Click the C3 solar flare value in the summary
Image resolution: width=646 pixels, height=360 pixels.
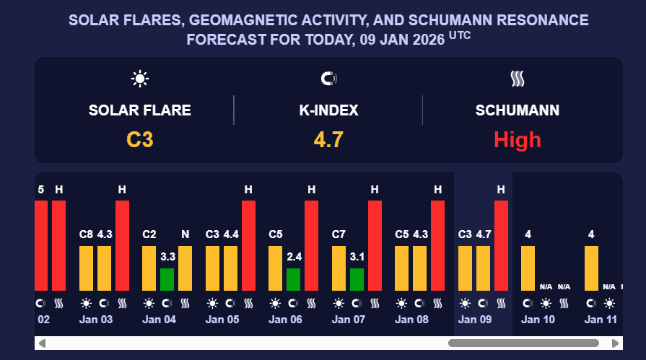[140, 139]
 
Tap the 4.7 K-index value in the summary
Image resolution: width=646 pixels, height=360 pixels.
[328, 139]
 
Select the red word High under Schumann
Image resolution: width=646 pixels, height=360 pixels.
[517, 139]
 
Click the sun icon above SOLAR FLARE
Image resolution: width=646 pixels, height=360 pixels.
[140, 78]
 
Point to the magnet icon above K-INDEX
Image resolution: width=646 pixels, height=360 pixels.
[328, 78]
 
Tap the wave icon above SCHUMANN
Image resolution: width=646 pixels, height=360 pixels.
[517, 78]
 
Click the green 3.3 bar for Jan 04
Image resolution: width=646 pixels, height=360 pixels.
[167, 279]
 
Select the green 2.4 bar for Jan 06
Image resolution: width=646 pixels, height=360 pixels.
[294, 279]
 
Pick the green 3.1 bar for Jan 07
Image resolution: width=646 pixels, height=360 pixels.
[357, 279]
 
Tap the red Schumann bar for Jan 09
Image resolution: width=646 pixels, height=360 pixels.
[501, 245]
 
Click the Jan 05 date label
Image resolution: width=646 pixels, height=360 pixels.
[222, 319]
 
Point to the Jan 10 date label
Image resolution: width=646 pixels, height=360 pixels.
[538, 319]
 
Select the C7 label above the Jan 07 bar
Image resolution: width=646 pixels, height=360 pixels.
[339, 234]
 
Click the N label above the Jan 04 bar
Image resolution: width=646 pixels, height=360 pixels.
[185, 234]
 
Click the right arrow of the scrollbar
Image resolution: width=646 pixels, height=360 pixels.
[615, 343]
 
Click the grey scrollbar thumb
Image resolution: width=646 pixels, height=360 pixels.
[523, 343]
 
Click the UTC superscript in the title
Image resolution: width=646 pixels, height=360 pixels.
[460, 33]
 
